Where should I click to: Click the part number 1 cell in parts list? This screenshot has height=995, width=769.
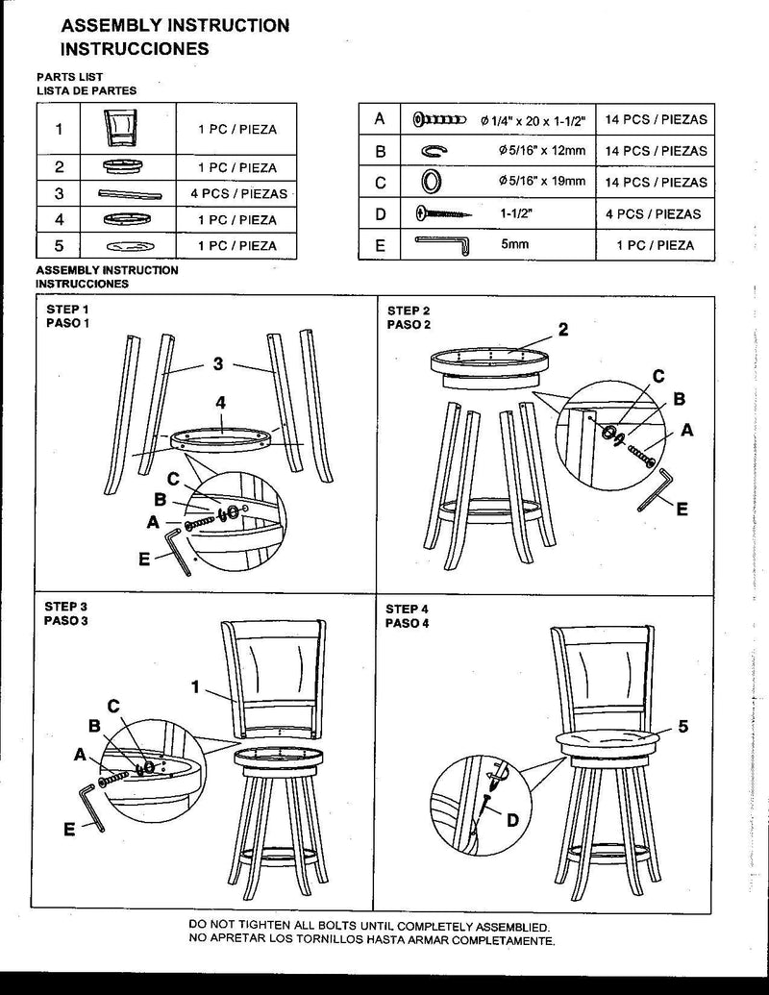(60, 129)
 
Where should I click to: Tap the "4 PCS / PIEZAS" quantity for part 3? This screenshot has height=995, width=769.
(238, 193)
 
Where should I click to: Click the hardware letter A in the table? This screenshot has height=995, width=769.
(380, 119)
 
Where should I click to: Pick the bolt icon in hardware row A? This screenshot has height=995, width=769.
(438, 120)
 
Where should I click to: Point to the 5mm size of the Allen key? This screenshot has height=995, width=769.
(515, 245)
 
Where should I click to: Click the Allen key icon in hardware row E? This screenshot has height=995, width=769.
(441, 245)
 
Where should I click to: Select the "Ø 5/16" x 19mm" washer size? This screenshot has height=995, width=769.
(535, 182)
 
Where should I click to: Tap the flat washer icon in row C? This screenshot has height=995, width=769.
(432, 182)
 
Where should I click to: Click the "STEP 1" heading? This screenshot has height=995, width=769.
(66, 310)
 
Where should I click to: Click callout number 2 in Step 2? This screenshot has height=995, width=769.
(563, 330)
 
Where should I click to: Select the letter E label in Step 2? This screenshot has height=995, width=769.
(682, 510)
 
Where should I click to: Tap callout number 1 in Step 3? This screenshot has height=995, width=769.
(195, 687)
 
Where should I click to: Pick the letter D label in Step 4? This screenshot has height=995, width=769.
(512, 819)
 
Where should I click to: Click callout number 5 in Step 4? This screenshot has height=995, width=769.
(682, 727)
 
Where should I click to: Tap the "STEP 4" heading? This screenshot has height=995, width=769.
(408, 609)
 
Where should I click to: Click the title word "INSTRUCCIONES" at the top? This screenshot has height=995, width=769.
(136, 47)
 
